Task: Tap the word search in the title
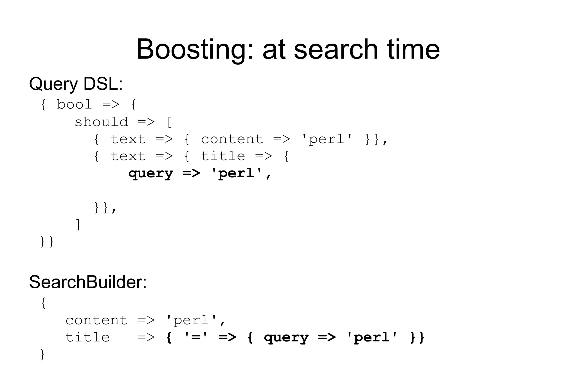(335, 50)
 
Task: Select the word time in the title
(413, 50)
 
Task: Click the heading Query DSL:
(76, 84)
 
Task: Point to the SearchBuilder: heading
(88, 282)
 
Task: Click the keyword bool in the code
(74, 105)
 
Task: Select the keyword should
(101, 122)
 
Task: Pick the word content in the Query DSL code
(232, 139)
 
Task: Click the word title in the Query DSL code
(223, 156)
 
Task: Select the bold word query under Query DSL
(151, 174)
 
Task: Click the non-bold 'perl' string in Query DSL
(327, 139)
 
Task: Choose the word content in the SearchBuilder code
(96, 320)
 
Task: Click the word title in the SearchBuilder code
(87, 338)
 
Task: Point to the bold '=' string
(195, 337)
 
